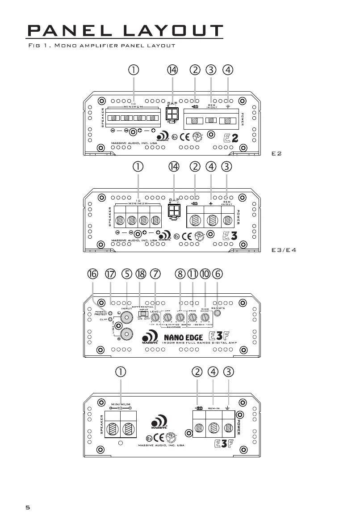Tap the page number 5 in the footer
coord(28,507)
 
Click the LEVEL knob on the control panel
coord(155,318)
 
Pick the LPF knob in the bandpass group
coord(180,318)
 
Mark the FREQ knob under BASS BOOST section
coord(193,318)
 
